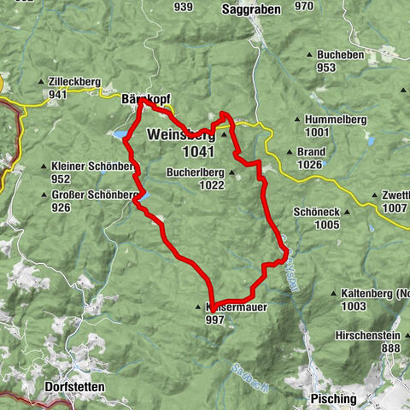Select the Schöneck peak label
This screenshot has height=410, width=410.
316,212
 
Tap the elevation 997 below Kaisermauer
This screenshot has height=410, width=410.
216,318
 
